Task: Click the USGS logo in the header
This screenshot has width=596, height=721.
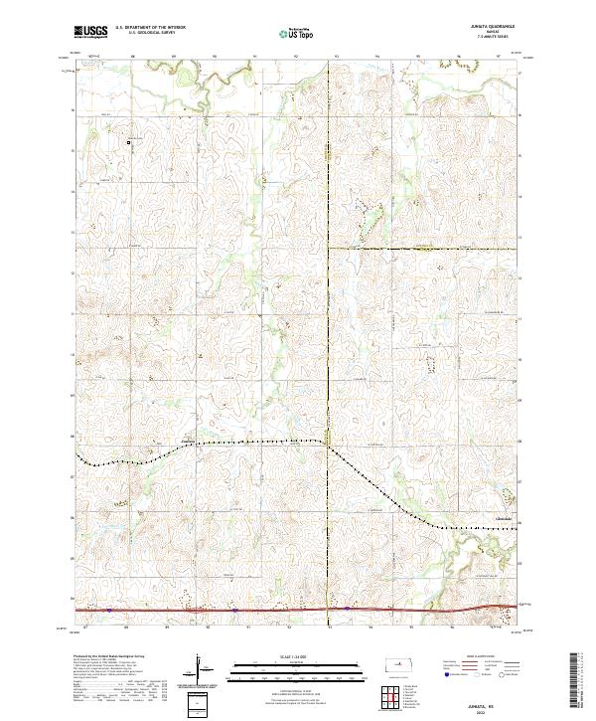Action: point(90,32)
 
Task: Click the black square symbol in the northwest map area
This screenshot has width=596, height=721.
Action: point(128,142)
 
